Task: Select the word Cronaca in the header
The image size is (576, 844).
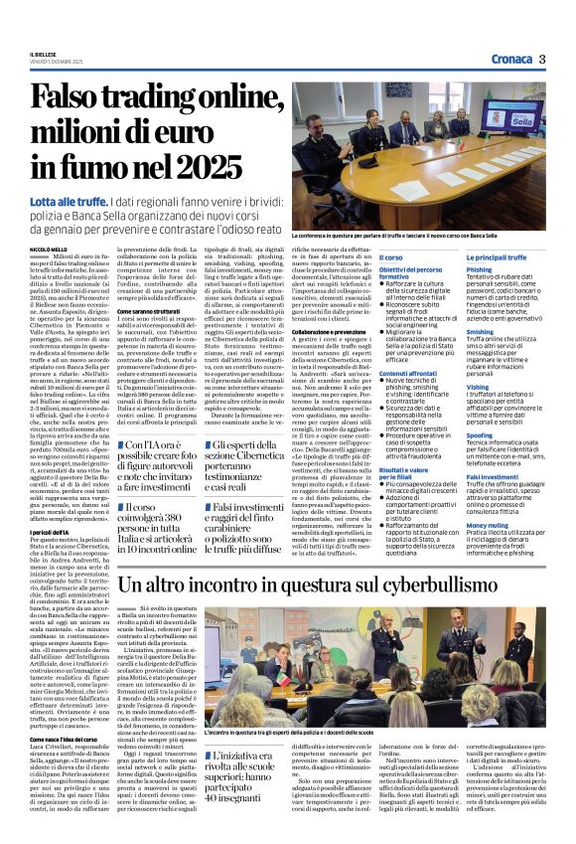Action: [x=508, y=59]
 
